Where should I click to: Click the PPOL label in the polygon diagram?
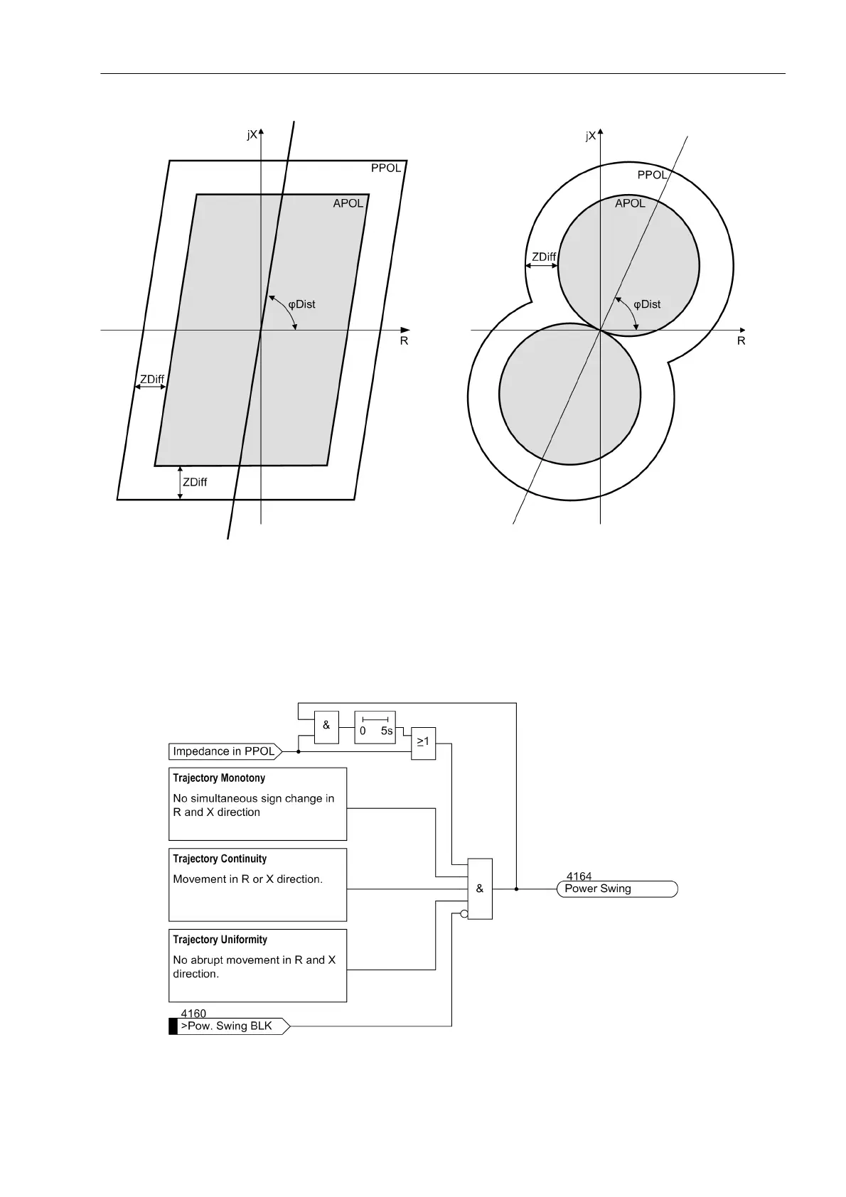[x=386, y=168]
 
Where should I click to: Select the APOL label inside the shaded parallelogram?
[x=348, y=203]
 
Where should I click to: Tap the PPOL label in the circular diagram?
[x=652, y=175]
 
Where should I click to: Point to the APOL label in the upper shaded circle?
[x=630, y=203]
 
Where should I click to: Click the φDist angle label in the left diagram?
[x=301, y=304]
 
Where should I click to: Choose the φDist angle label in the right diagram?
[x=647, y=304]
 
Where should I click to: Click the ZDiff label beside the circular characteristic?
[x=544, y=257]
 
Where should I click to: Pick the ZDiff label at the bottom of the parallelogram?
[x=195, y=482]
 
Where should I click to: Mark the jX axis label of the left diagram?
[x=252, y=135]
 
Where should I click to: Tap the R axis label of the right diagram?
[x=741, y=341]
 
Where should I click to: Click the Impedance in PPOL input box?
[x=224, y=751]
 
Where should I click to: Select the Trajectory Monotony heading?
[x=219, y=778]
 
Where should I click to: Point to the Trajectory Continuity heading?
[x=220, y=859]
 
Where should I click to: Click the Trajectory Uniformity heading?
[x=220, y=940]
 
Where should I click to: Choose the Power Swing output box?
[x=617, y=889]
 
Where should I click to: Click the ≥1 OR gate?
[x=423, y=744]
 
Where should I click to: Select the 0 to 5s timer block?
[x=375, y=727]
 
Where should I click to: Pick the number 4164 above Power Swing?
[x=579, y=876]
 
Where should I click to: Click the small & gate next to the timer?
[x=326, y=726]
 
